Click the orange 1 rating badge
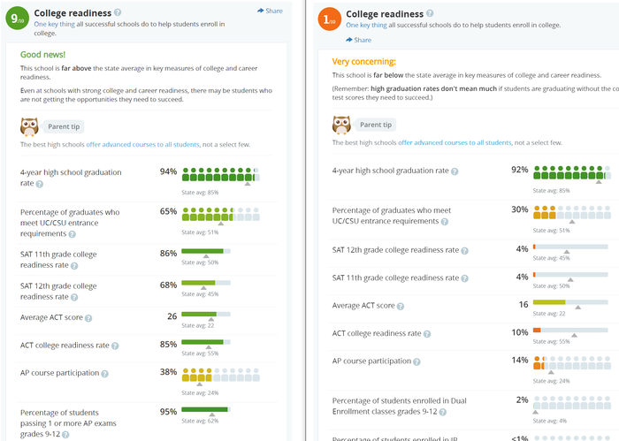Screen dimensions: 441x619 (328, 19)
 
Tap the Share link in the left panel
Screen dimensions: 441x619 (271, 11)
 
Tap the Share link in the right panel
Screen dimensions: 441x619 (359, 40)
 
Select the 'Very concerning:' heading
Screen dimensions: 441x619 (363, 62)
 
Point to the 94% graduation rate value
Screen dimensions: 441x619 (168, 171)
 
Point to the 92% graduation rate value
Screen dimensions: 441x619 (519, 168)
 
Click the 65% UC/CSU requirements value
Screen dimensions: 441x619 (168, 211)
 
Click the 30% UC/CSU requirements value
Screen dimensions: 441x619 (519, 209)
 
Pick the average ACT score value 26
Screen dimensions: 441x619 (172, 316)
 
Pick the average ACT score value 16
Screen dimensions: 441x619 (523, 304)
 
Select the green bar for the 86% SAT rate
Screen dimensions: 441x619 (202, 251)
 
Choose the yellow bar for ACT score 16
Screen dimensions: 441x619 (549, 302)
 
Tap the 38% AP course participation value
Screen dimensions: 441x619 (168, 372)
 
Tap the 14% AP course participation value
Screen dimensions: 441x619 (519, 360)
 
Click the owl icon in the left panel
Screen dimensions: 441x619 (29, 125)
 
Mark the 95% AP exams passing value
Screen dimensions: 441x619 (168, 411)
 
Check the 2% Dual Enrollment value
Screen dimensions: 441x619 (522, 399)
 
